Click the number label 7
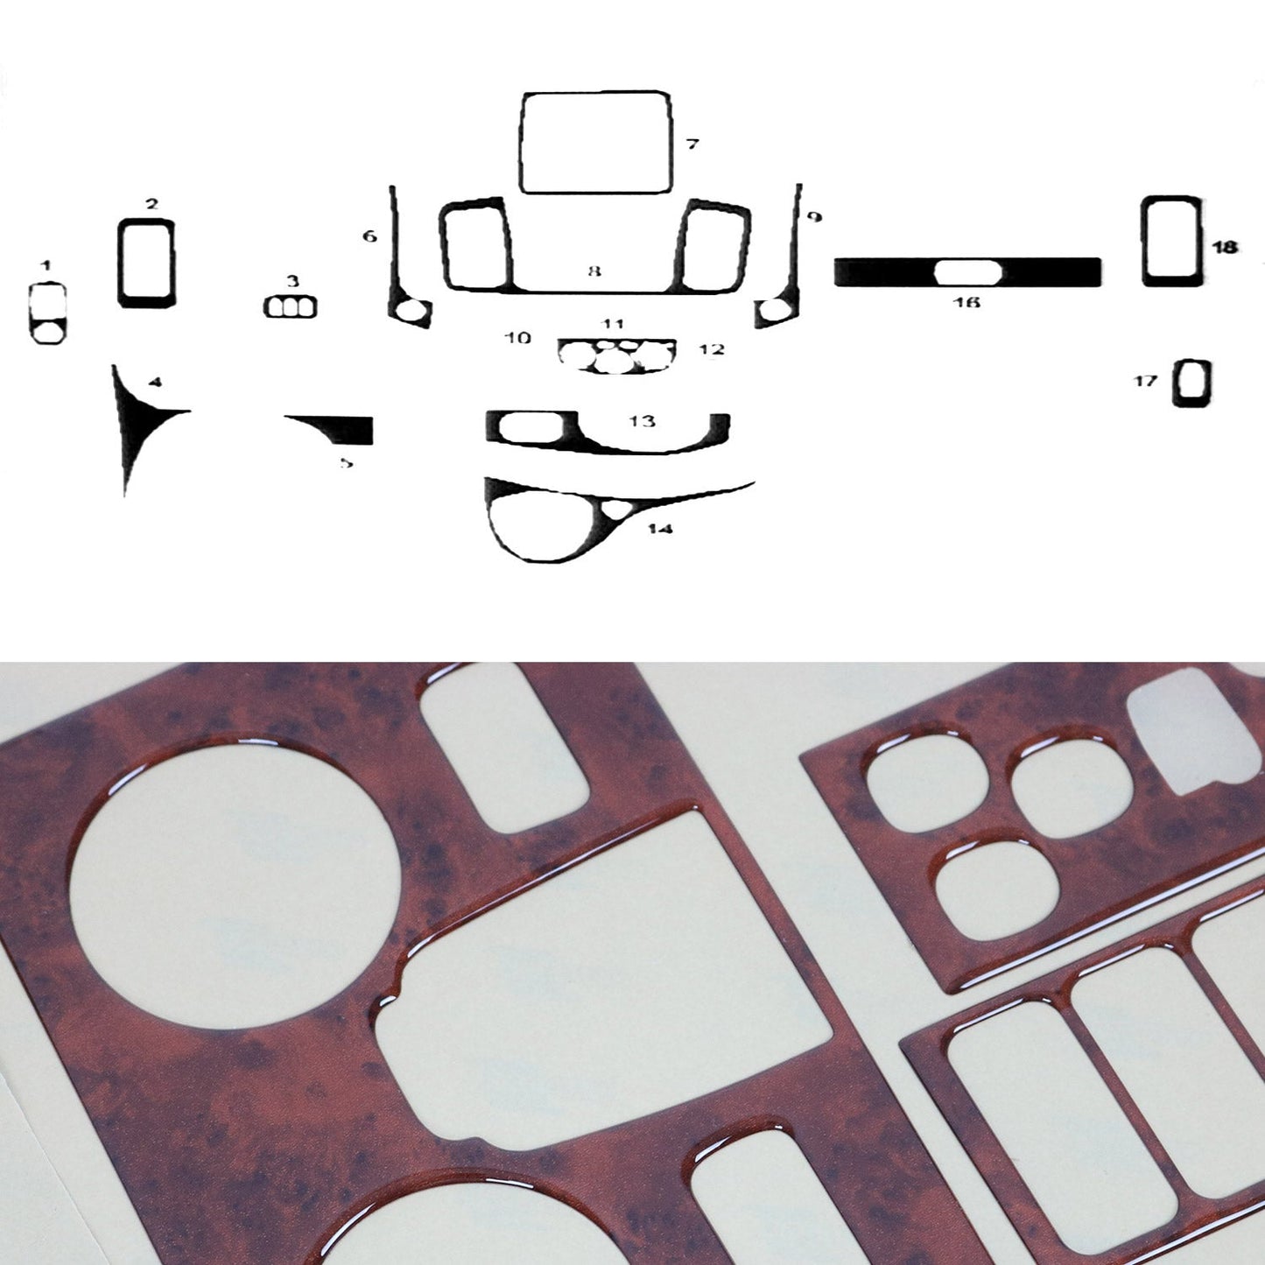point(692,144)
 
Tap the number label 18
point(1224,248)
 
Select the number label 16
point(966,302)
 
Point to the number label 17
point(1146,381)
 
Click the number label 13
point(642,421)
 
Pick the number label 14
point(660,529)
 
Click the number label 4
point(155,382)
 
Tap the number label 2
point(152,204)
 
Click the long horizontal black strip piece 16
point(875,272)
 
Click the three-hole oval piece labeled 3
point(290,307)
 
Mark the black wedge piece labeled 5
point(350,430)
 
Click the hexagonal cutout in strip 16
point(967,271)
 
